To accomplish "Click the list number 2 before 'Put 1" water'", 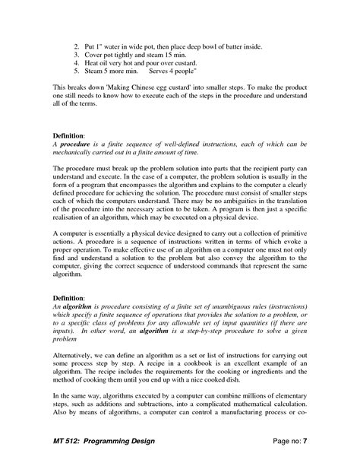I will click(x=77, y=47).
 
